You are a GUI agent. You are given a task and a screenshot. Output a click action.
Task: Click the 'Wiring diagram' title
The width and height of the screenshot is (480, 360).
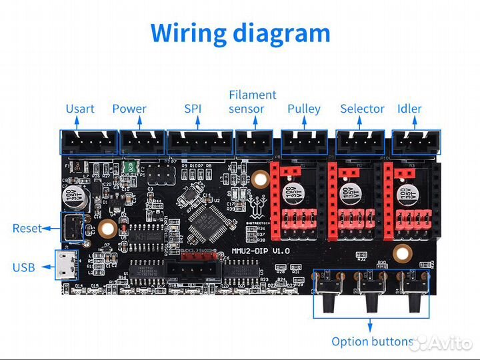[240, 33]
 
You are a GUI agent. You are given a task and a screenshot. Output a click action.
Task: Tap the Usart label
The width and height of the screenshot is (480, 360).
[80, 109]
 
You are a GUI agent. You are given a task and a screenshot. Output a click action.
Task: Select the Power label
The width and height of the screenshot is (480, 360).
[129, 109]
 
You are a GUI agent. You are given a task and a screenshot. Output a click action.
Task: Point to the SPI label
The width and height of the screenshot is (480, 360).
[192, 109]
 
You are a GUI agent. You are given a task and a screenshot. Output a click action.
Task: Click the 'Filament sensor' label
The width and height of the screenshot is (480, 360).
[252, 102]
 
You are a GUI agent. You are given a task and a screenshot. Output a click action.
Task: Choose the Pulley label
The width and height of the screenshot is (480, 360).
[304, 109]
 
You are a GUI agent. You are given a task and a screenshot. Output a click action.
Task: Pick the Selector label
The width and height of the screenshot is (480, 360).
[362, 109]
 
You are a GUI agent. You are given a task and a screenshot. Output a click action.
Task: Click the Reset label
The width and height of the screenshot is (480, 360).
[27, 228]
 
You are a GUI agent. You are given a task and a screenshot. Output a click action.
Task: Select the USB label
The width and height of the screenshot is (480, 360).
[24, 268]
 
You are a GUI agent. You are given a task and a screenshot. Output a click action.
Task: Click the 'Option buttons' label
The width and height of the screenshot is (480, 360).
[373, 341]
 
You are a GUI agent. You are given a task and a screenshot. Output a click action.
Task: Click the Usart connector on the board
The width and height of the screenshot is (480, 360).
[89, 142]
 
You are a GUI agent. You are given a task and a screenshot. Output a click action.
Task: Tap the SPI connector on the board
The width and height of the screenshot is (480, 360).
[200, 142]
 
